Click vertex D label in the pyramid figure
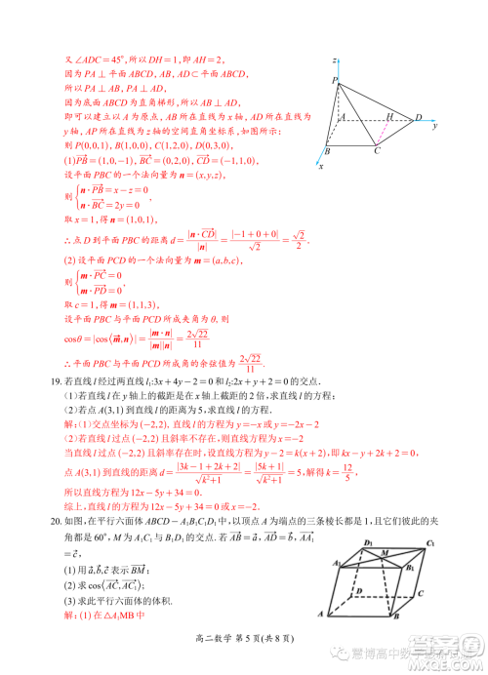[x=418, y=118]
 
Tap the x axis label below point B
[x=321, y=167]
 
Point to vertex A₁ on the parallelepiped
[x=334, y=563]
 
